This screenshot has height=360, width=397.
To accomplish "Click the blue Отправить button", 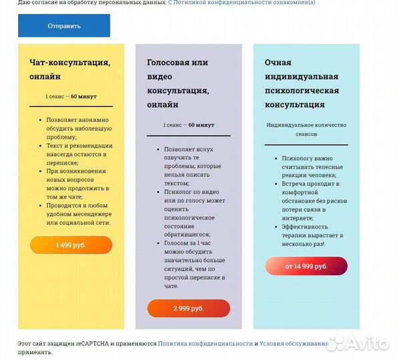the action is [x=64, y=26].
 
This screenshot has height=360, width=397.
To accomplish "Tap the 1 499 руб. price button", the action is [x=71, y=245].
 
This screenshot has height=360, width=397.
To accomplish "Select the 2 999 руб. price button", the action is [x=188, y=309].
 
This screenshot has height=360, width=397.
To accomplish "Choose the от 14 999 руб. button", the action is [x=306, y=267].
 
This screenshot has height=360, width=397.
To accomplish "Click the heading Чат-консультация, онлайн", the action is [x=69, y=69].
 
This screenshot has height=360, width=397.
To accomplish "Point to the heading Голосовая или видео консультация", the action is [x=177, y=83].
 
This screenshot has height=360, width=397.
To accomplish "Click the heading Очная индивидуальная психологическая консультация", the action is [x=302, y=83].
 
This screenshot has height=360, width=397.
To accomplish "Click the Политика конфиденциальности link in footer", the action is [x=205, y=343].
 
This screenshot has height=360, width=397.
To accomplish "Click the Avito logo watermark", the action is [x=360, y=343].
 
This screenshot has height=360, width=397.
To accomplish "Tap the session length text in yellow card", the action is [x=71, y=97].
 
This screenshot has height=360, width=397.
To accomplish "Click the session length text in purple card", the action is [x=188, y=125].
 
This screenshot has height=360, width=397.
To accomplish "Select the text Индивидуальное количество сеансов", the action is [x=306, y=129].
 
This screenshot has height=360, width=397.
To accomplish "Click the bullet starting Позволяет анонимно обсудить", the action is [x=79, y=128].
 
